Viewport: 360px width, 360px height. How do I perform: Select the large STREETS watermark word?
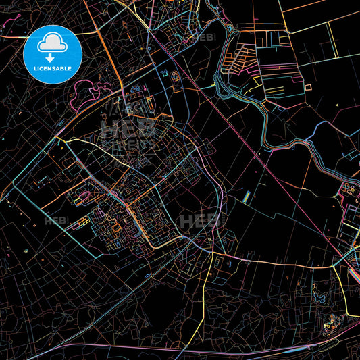point(130,143)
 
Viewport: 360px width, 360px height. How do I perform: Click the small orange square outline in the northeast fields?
point(308,87)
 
